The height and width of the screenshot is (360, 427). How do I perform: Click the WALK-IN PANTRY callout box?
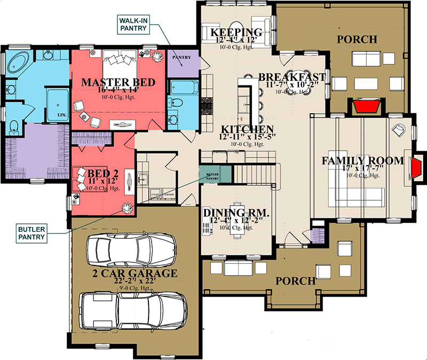coord(135,24)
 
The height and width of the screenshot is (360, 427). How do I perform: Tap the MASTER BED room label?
coord(118,82)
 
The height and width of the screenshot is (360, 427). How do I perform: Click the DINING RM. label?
coord(236,214)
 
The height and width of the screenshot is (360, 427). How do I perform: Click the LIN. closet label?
coord(62,114)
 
